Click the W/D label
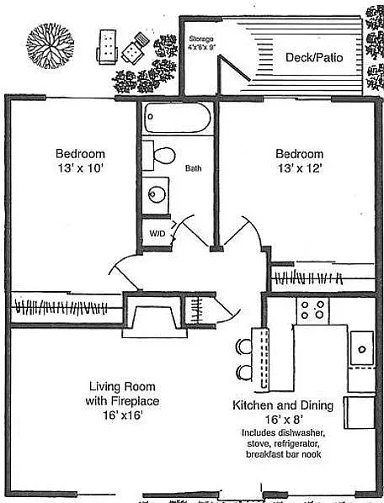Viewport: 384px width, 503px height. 157,233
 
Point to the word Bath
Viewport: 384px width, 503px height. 194,168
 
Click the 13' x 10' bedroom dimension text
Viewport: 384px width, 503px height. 80,168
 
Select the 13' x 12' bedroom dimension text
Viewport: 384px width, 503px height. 299,168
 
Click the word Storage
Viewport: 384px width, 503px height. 201,39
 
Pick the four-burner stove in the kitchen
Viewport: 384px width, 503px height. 312,310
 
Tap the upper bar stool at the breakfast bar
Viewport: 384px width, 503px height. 244,346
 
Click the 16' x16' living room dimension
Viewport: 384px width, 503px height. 122,415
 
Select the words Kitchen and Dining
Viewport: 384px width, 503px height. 282,405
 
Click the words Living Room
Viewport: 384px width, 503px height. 122,387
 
